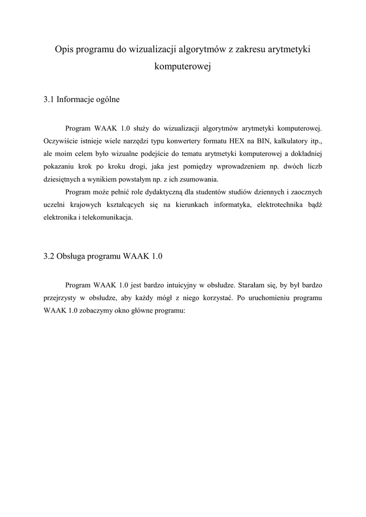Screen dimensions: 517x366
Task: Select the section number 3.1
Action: [49, 99]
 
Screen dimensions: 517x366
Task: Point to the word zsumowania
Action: [200, 179]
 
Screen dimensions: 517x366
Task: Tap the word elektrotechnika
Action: [277, 204]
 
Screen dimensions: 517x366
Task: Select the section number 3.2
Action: [49, 256]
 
